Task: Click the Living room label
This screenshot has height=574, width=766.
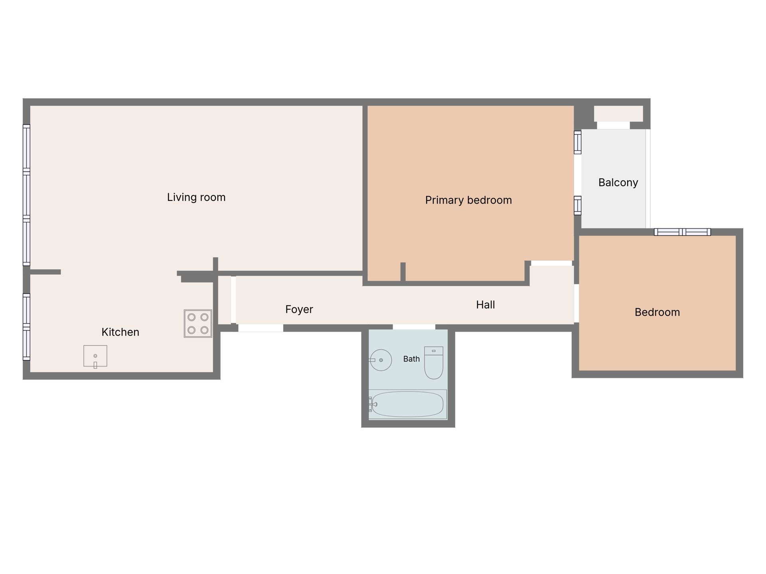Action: [196, 197]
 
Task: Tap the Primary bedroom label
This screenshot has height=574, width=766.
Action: [468, 200]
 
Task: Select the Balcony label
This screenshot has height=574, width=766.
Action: [618, 183]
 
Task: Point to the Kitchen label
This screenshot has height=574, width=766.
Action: [120, 332]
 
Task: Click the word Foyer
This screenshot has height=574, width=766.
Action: [299, 309]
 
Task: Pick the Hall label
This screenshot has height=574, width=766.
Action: [485, 305]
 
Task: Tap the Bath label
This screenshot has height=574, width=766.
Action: [411, 359]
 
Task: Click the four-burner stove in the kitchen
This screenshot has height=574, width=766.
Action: [198, 324]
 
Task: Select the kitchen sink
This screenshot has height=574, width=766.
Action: [95, 356]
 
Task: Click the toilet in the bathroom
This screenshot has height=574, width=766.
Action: [434, 363]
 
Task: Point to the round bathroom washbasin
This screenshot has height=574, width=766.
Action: [381, 360]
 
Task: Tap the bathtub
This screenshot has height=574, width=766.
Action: [407, 404]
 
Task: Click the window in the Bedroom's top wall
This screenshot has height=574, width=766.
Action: [682, 232]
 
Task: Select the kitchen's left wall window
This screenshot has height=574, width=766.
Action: [26, 327]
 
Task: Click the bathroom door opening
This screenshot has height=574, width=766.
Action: [414, 327]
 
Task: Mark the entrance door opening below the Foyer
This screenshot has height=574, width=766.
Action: [261, 328]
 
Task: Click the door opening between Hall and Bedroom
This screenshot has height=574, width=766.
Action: [576, 303]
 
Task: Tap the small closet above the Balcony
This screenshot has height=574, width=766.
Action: [618, 114]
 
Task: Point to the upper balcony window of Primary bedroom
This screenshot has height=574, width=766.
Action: [578, 142]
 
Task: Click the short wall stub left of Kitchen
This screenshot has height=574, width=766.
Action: [45, 272]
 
